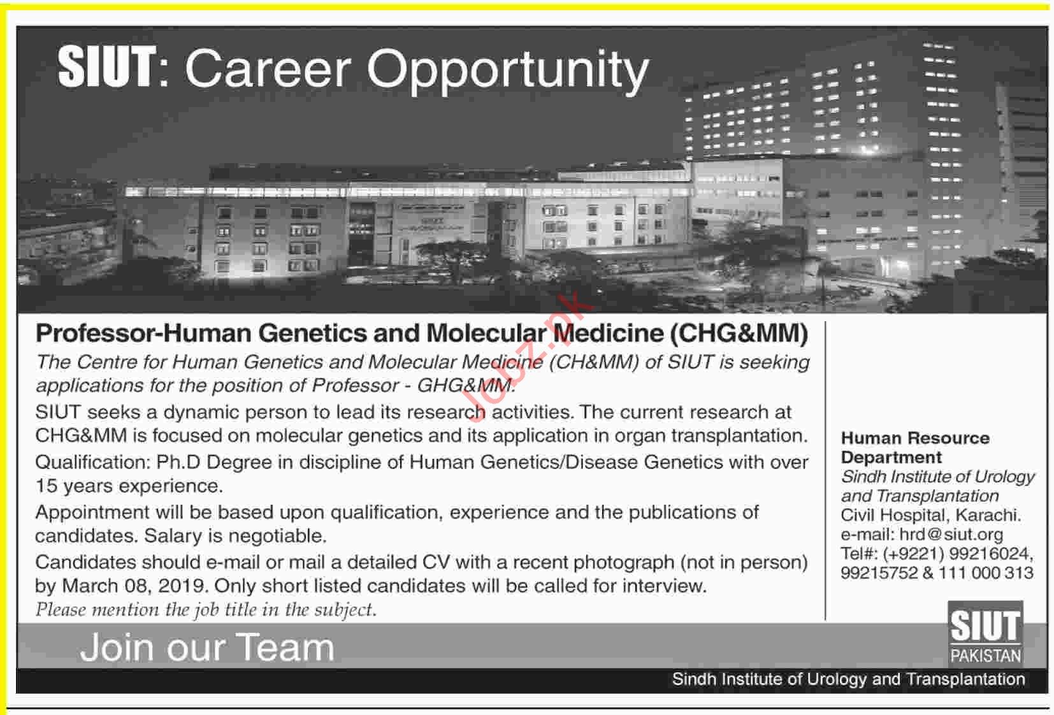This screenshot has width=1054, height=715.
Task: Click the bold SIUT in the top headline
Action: tap(107, 68)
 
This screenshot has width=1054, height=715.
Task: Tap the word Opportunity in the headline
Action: tap(508, 71)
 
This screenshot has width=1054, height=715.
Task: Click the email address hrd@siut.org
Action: tap(951, 535)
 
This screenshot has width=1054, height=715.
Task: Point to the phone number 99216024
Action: tap(990, 554)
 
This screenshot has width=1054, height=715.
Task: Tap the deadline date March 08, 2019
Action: tap(134, 586)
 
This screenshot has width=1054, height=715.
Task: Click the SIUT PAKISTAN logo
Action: tap(985, 633)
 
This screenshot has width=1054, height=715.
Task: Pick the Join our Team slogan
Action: tap(207, 647)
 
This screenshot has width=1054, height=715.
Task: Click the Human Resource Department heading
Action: tap(915, 448)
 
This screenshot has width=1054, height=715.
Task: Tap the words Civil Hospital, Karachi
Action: tap(931, 515)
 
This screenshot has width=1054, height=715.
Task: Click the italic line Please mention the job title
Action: tap(206, 610)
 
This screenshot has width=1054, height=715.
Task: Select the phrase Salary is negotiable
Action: tap(235, 536)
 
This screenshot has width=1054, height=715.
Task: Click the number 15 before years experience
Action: tap(46, 486)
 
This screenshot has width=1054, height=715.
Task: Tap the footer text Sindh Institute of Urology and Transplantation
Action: tap(848, 679)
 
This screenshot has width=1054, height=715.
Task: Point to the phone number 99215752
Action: tap(879, 573)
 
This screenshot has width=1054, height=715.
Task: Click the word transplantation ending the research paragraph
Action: tap(739, 436)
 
